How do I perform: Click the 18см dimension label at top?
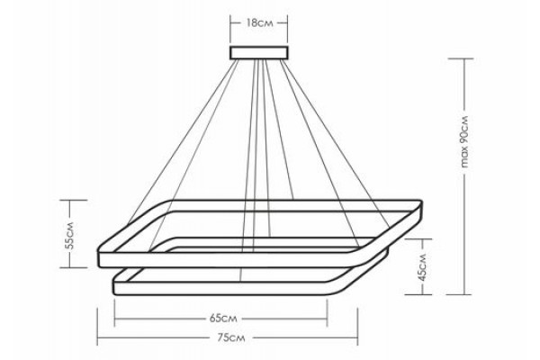(x=259, y=23)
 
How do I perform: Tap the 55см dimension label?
(x=69, y=235)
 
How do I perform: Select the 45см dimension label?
(x=423, y=267)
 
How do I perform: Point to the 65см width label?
(x=223, y=319)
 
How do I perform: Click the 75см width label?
(x=231, y=337)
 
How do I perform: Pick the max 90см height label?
(x=464, y=141)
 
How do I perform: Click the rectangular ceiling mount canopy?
(x=259, y=53)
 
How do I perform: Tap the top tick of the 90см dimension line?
(x=461, y=58)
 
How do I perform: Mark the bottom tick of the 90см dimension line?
(x=459, y=294)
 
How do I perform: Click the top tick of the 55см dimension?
(x=74, y=200)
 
